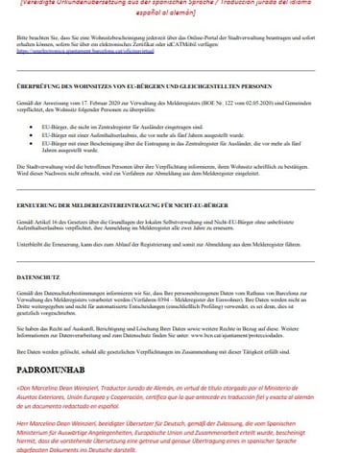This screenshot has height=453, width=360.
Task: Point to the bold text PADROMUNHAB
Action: (x=60, y=365)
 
